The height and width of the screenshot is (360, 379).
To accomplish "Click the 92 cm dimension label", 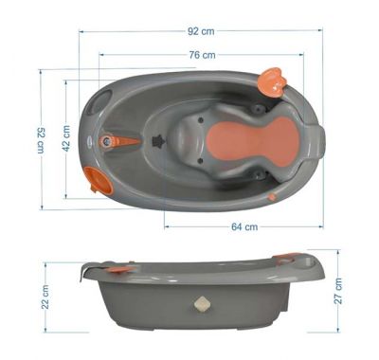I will [x=200, y=29].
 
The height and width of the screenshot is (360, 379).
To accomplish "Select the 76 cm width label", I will [x=202, y=55].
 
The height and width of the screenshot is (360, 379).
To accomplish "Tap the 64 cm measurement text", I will [x=244, y=226].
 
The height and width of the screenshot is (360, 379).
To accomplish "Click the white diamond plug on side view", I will [x=202, y=307].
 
